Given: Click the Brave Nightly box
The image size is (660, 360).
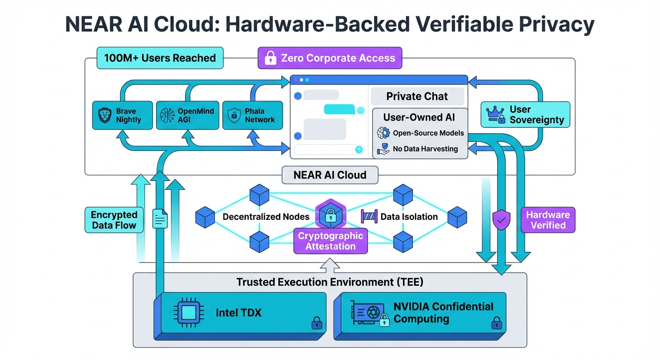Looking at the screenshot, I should [x=122, y=115].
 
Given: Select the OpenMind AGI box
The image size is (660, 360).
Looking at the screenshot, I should [x=187, y=115].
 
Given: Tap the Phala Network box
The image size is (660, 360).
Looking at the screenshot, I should [x=252, y=115].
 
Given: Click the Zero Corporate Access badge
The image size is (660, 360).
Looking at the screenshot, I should [x=330, y=59].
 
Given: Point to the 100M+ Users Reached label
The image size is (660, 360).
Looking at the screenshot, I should [x=160, y=58].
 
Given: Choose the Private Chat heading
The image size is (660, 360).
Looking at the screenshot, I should [x=417, y=97].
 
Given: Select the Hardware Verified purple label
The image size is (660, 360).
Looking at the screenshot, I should [x=548, y=220].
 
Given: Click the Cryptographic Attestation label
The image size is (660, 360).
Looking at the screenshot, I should [x=330, y=241].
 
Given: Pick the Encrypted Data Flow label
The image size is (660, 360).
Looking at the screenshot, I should [x=114, y=220].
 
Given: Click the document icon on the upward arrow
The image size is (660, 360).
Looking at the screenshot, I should [x=160, y=218].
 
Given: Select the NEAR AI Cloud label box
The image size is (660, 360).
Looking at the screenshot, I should [x=330, y=175].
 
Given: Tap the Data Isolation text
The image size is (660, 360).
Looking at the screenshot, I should [x=409, y=217].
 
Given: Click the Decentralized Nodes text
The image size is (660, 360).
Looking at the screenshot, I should [x=266, y=217].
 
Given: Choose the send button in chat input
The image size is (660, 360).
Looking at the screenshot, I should [x=359, y=150].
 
